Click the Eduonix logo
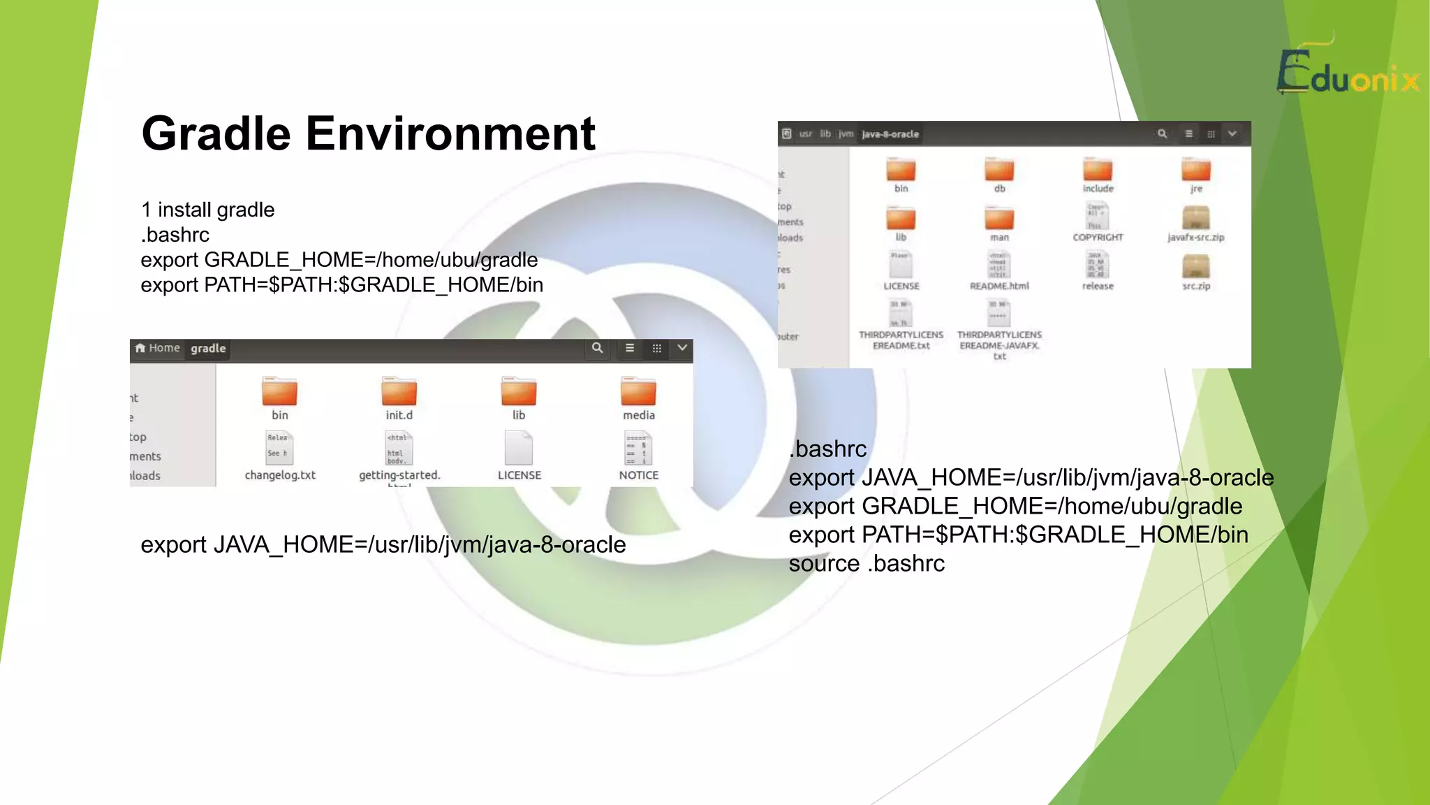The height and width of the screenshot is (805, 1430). tap(1348, 72)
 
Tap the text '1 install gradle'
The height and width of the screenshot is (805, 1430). tap(207, 210)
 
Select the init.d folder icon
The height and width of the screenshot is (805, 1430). tap(399, 392)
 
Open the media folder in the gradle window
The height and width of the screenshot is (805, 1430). tap(638, 392)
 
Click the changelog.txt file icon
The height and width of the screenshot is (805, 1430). tap(279, 448)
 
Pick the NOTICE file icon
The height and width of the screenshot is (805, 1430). tap(638, 448)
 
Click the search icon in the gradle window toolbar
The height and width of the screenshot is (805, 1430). tap(597, 348)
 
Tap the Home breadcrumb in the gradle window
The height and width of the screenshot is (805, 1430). tap(159, 348)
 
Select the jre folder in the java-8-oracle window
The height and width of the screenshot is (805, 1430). tap(1195, 170)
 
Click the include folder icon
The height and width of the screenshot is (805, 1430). tap(1098, 170)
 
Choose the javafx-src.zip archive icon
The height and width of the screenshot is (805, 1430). tap(1195, 218)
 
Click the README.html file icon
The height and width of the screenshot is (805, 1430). tap(998, 266)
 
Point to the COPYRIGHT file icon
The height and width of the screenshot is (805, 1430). tap(1098, 217)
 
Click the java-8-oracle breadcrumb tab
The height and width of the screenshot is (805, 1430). tap(890, 134)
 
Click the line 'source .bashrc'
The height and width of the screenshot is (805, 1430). tap(866, 563)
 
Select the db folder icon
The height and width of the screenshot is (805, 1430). tap(999, 170)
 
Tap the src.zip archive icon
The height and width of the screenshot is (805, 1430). tap(1195, 266)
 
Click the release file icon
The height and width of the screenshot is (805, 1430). tap(1098, 266)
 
